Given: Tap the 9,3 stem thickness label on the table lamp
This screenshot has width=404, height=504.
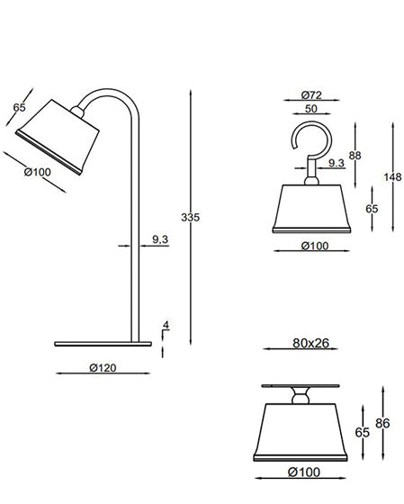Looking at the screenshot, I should tap(161, 238).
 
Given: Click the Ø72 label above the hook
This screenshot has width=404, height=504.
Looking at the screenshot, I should tap(311, 94).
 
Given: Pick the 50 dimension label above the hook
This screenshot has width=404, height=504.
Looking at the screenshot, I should tap(310, 109).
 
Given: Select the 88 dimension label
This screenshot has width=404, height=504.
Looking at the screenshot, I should tap(355, 156).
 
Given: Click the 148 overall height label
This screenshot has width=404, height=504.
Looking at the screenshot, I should tap(391, 176).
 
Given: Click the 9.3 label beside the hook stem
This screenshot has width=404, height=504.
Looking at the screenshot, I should tap(337, 163).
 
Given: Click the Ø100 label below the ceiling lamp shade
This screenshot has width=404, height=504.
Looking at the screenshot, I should tap(303, 472).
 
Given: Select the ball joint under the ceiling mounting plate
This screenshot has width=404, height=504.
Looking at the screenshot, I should tap(301, 395).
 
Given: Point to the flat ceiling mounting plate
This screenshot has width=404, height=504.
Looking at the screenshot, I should tap(301, 385).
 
